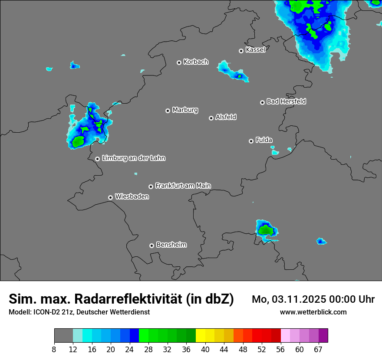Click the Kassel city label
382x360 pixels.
[x=255, y=50]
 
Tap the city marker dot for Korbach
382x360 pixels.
[x=179, y=62]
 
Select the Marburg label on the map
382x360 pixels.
[x=185, y=110]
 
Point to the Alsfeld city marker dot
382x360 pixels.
[x=211, y=118]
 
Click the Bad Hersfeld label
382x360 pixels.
[x=286, y=101]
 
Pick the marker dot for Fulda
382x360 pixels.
[x=251, y=141]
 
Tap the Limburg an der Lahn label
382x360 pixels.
[x=133, y=158]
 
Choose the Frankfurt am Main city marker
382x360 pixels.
[x=151, y=187]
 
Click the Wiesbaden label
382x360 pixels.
[x=132, y=197]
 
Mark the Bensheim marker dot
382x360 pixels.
[x=151, y=245]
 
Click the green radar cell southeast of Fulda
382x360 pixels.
[x=265, y=230]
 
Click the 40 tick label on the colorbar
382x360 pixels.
[x=205, y=349]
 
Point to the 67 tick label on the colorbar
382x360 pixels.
[x=318, y=349]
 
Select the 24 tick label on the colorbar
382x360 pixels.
[x=129, y=349]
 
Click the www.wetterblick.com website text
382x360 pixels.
[x=313, y=312]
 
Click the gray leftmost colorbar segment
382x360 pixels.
[x=63, y=336]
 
